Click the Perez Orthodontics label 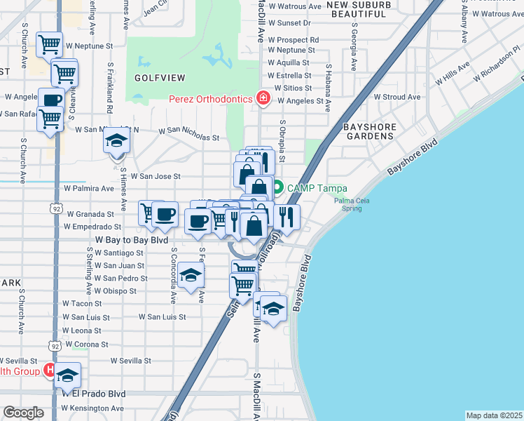click(x=210, y=99)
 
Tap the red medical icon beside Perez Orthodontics click(x=263, y=98)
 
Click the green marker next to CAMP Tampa click(x=278, y=187)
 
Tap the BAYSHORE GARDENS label click(x=369, y=132)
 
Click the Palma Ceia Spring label click(x=348, y=204)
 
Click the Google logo click(x=23, y=413)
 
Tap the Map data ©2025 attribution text click(x=494, y=415)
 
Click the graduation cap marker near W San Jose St click(x=116, y=140)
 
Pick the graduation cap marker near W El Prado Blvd click(x=67, y=375)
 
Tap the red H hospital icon click(x=50, y=369)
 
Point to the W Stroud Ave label click(x=397, y=97)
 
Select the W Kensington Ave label click(x=92, y=408)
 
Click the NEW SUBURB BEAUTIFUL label click(x=358, y=9)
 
